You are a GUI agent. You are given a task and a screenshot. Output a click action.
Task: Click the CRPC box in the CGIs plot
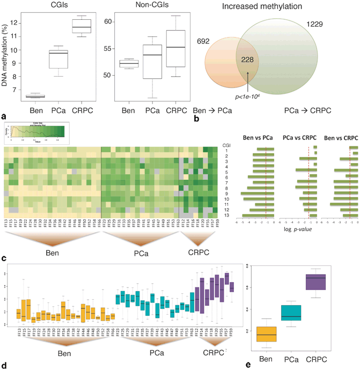click(82, 26)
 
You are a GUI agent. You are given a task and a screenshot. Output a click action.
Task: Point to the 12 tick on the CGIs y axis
click(19, 23)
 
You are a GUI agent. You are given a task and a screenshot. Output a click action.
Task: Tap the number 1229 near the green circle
click(316, 25)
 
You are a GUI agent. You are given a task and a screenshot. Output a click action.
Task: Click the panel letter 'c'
click(4, 259)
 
